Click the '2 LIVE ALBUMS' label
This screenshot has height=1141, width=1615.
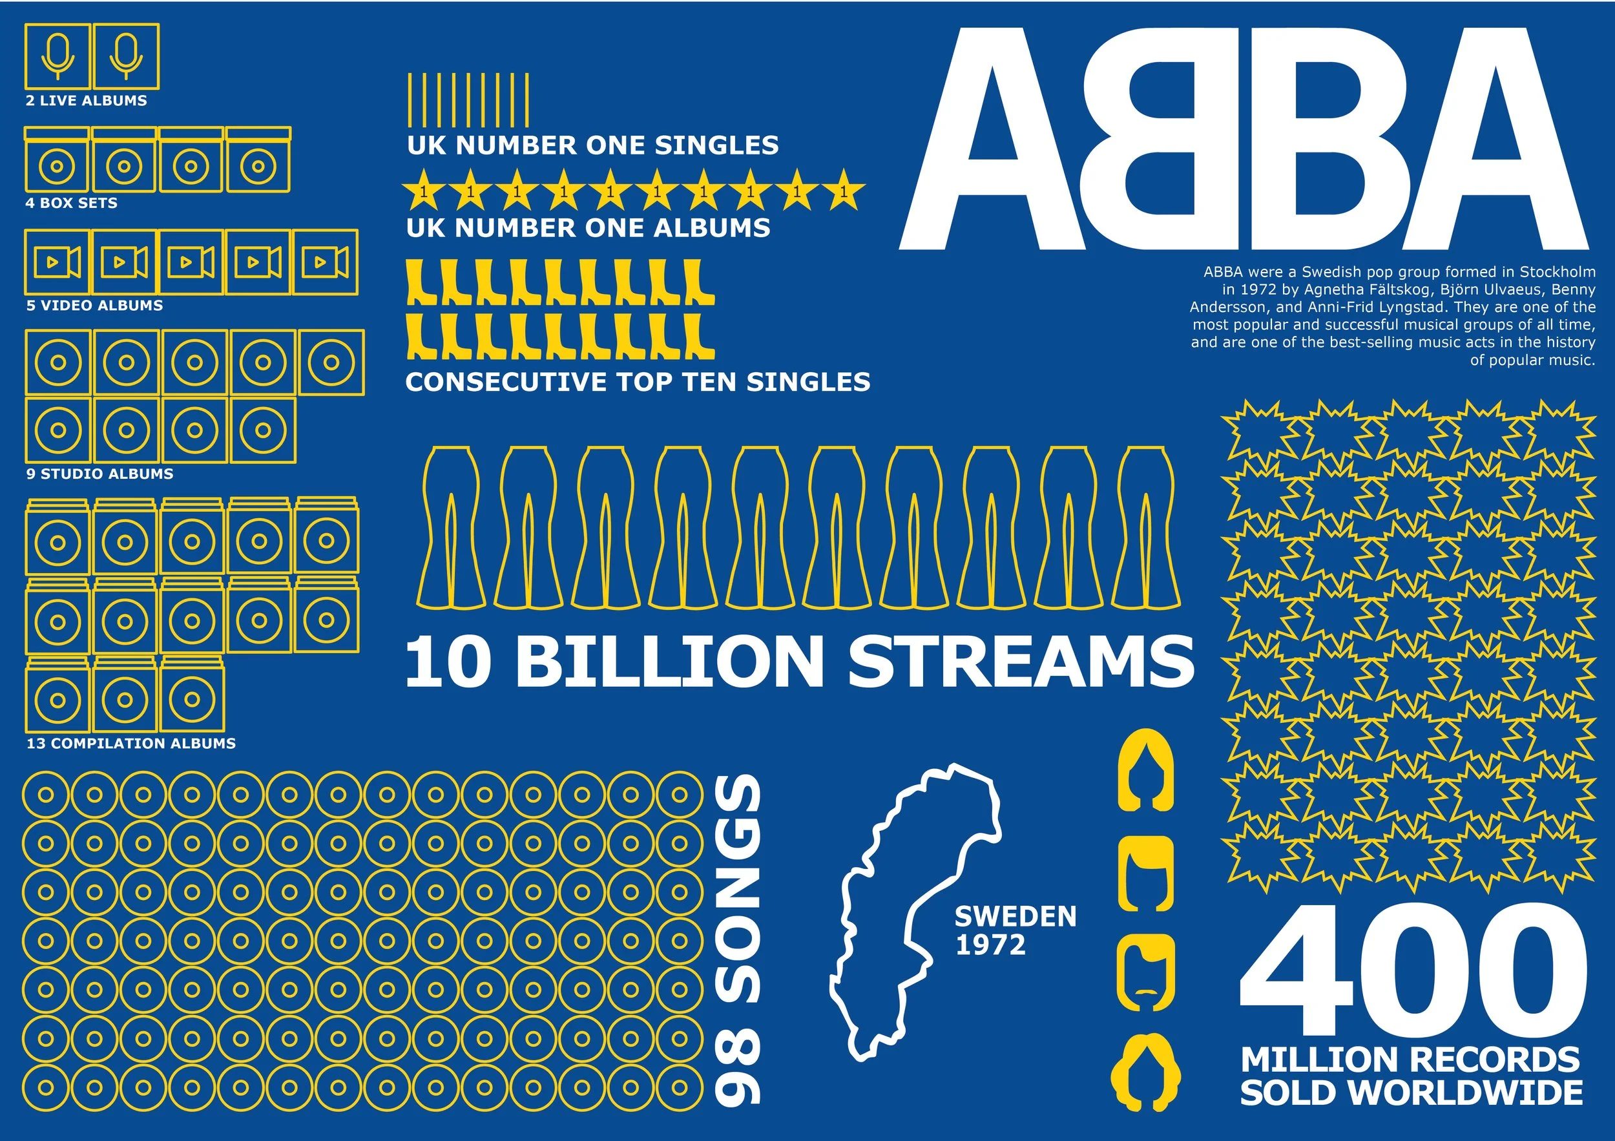87,101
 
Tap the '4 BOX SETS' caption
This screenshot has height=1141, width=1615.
71,204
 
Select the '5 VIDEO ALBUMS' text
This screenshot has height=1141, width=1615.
94,306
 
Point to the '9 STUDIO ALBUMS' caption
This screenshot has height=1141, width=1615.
100,474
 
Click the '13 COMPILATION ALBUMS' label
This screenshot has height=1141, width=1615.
131,744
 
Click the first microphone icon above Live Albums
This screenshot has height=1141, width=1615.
57,56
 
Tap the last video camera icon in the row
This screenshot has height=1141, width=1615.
325,262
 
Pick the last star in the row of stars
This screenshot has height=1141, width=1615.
842,190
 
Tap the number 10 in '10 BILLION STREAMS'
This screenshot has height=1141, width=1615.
448,662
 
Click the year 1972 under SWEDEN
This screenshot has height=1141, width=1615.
990,945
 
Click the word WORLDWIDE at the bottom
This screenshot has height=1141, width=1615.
1466,1093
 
